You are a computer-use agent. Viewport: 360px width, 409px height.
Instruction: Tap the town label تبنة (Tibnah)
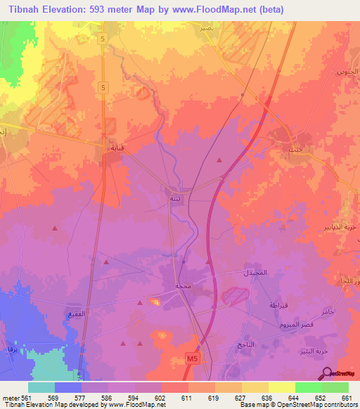click(174, 199)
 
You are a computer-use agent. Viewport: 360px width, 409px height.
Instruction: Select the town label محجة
click(183, 286)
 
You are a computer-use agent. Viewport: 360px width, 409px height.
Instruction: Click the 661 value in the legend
click(345, 397)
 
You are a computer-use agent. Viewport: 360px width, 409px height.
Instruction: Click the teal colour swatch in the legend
click(41, 387)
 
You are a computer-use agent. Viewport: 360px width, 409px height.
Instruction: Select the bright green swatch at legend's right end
click(335, 387)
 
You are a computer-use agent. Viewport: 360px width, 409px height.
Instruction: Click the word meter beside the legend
click(11, 397)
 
